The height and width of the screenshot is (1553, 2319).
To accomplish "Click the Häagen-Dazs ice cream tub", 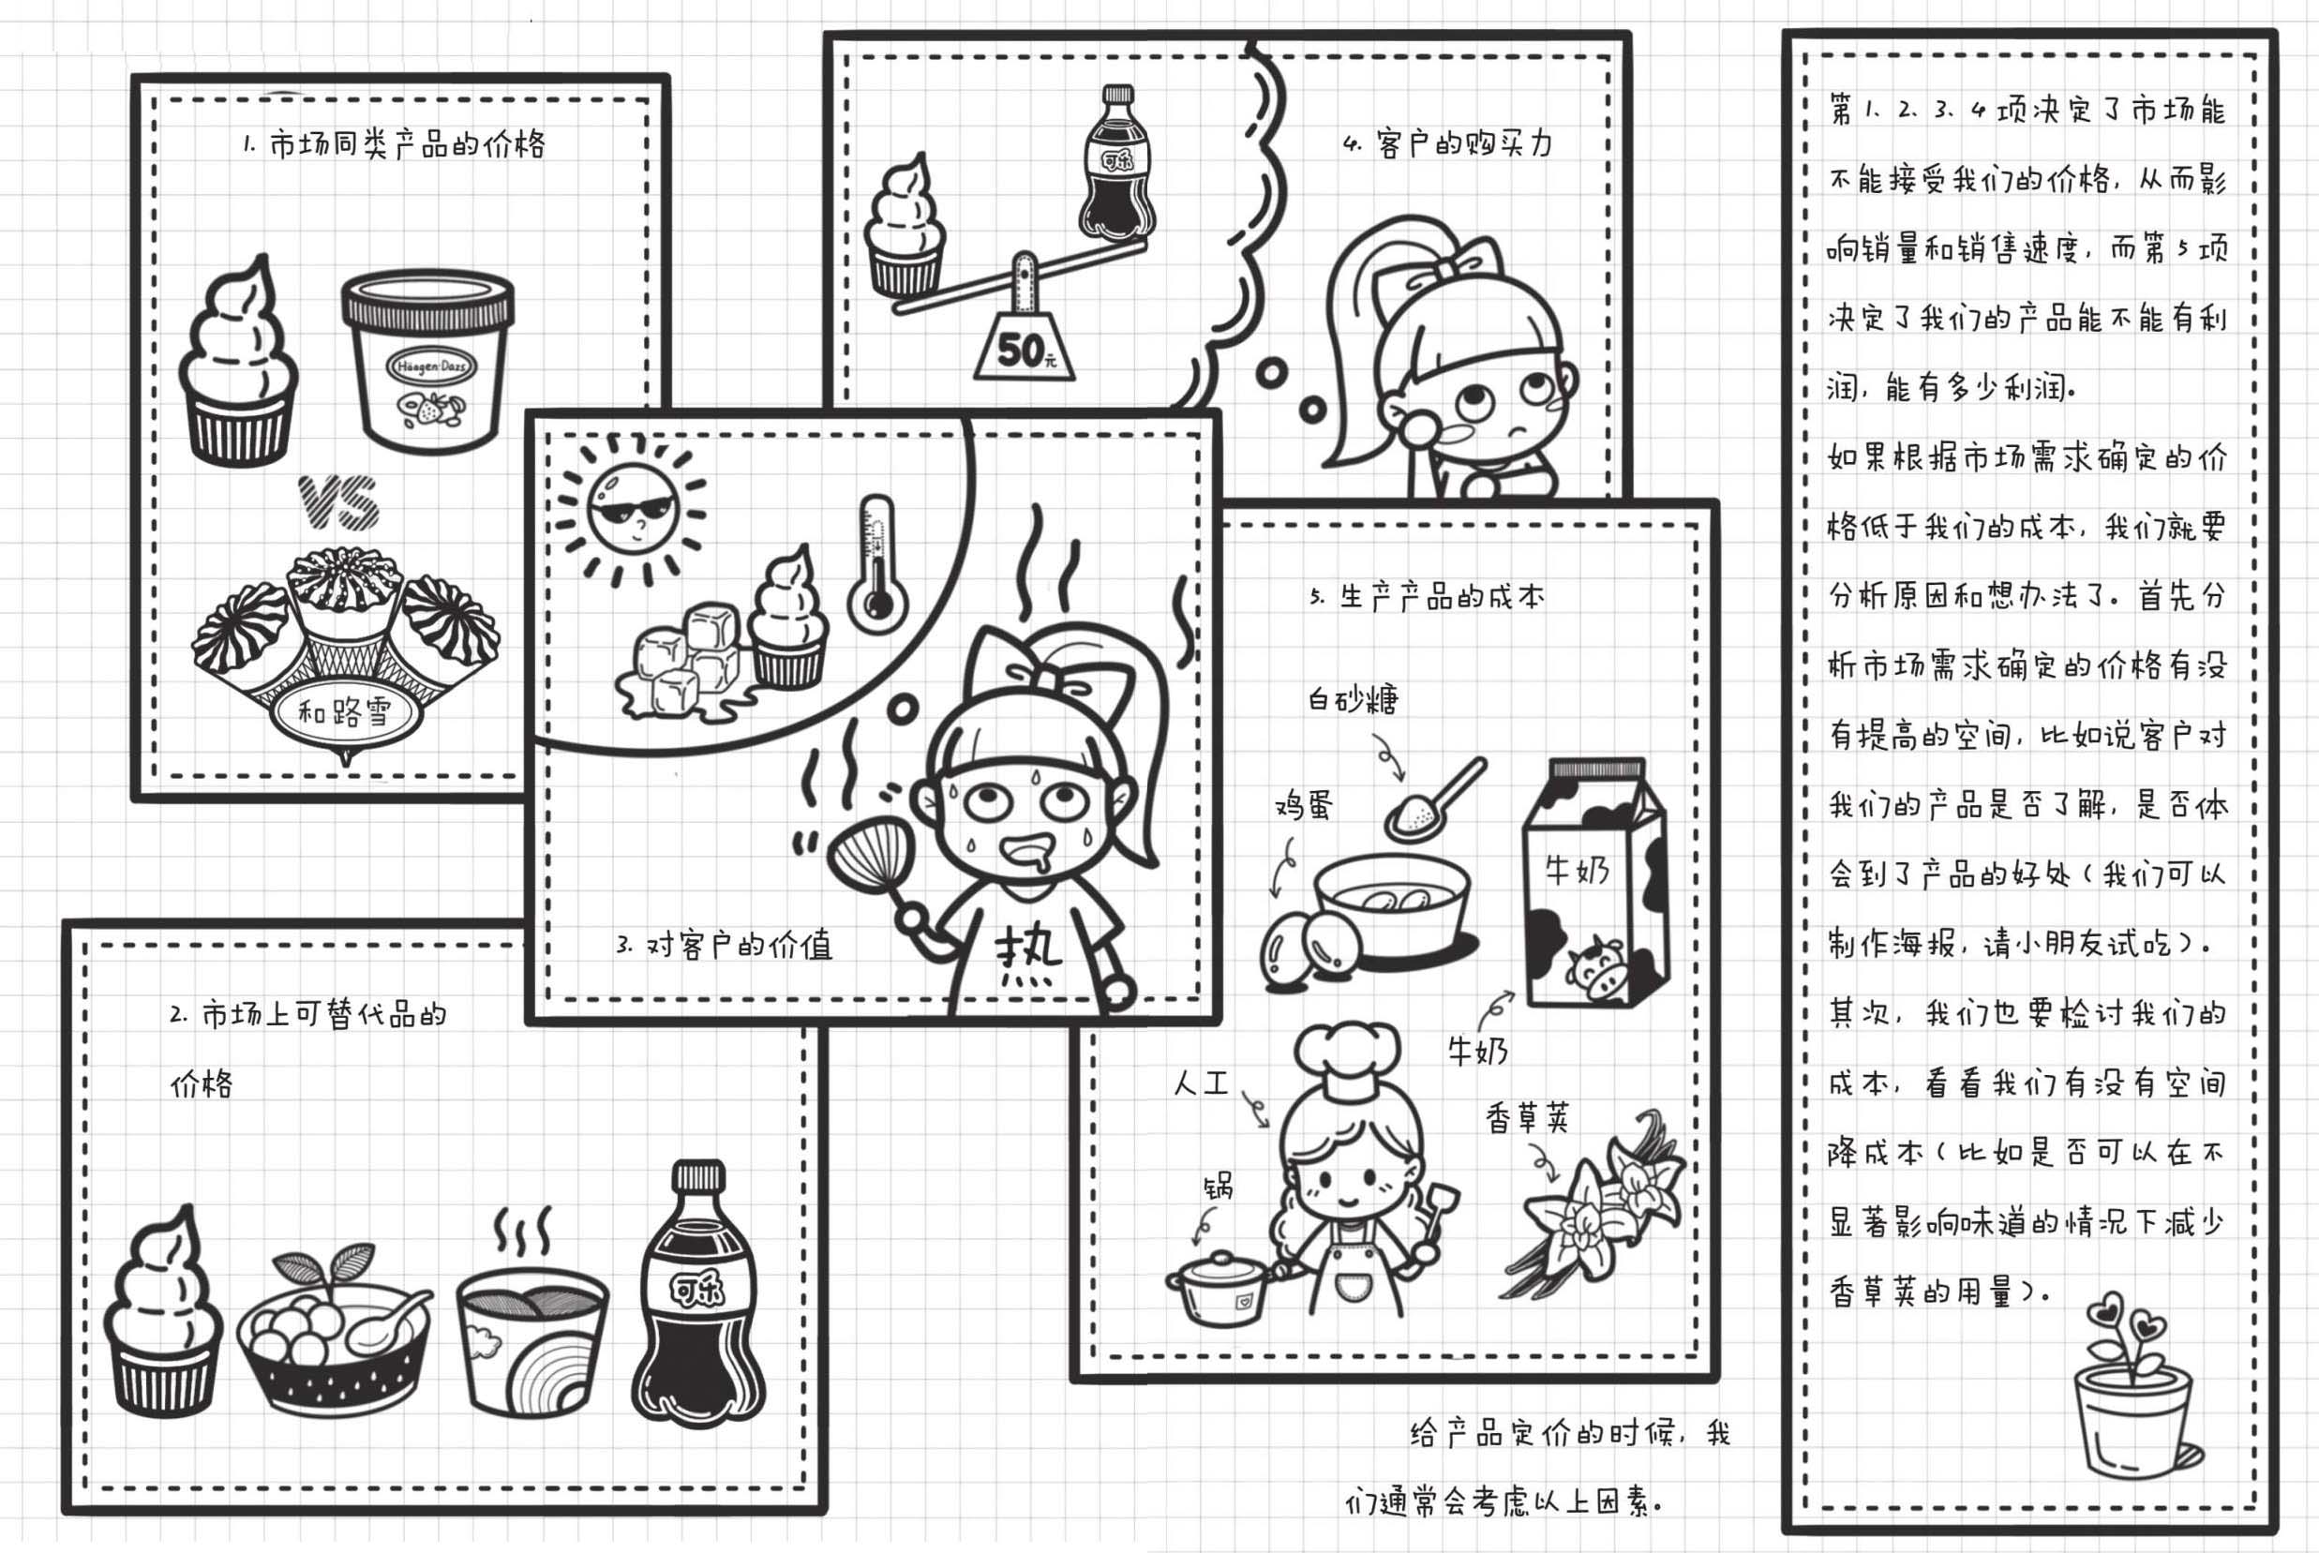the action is point(428,361).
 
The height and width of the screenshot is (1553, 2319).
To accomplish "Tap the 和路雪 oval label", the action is point(346,711).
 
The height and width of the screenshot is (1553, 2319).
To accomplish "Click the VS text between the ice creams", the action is point(338,503).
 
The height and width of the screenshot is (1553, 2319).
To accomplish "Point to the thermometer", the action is point(876,564).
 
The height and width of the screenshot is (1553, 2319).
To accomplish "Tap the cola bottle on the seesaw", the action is point(1117,162).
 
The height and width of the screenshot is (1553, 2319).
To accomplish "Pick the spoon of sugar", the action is point(1435,799).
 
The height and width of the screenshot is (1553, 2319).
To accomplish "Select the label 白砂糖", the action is point(1353,700).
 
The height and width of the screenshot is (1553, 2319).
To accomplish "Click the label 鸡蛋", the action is point(1304,804).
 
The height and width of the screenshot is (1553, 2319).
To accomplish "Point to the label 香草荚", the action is point(1528,1118).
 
